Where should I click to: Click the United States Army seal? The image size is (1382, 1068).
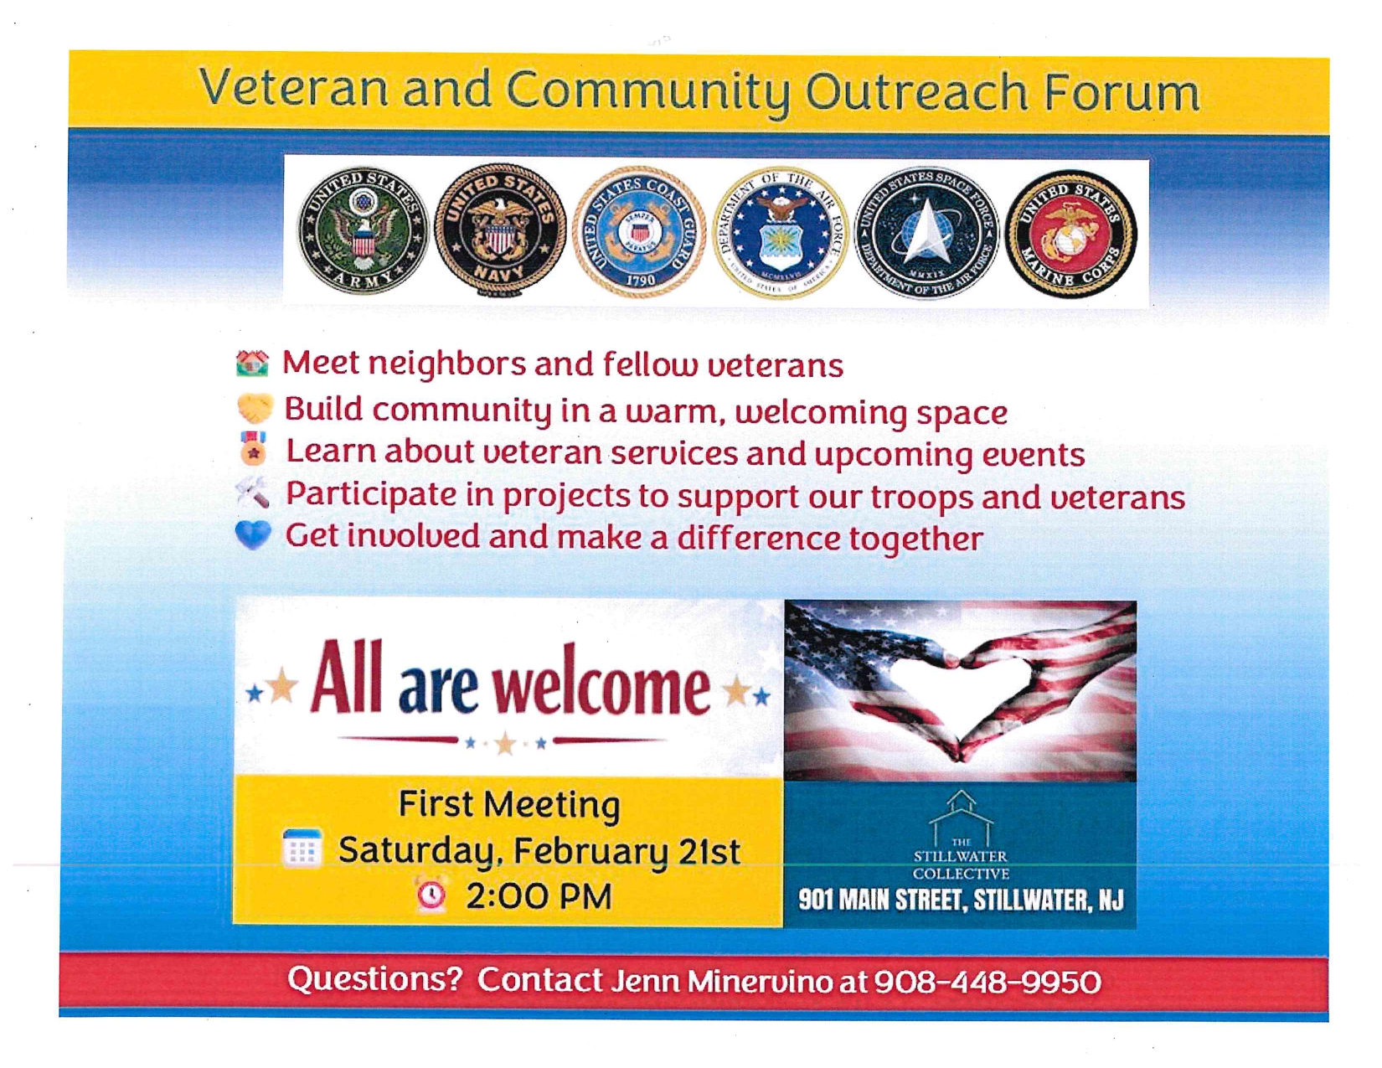(364, 232)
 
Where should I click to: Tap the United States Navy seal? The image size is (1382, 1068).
(500, 231)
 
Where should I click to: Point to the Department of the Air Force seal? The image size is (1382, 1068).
(781, 233)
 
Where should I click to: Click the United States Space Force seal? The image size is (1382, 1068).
(926, 234)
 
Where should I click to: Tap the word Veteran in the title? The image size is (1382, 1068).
(293, 87)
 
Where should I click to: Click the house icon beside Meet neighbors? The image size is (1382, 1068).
(252, 364)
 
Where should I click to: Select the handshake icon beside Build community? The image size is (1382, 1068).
(255, 408)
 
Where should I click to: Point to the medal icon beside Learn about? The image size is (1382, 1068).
(253, 448)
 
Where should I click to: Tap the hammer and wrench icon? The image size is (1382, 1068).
(252, 493)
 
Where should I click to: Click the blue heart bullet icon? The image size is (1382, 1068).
(253, 534)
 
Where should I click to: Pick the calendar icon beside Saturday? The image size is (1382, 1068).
(302, 848)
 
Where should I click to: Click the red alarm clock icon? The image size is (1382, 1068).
(432, 895)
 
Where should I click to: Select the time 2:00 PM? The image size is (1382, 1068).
(539, 896)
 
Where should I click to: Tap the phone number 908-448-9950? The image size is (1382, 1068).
(987, 982)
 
